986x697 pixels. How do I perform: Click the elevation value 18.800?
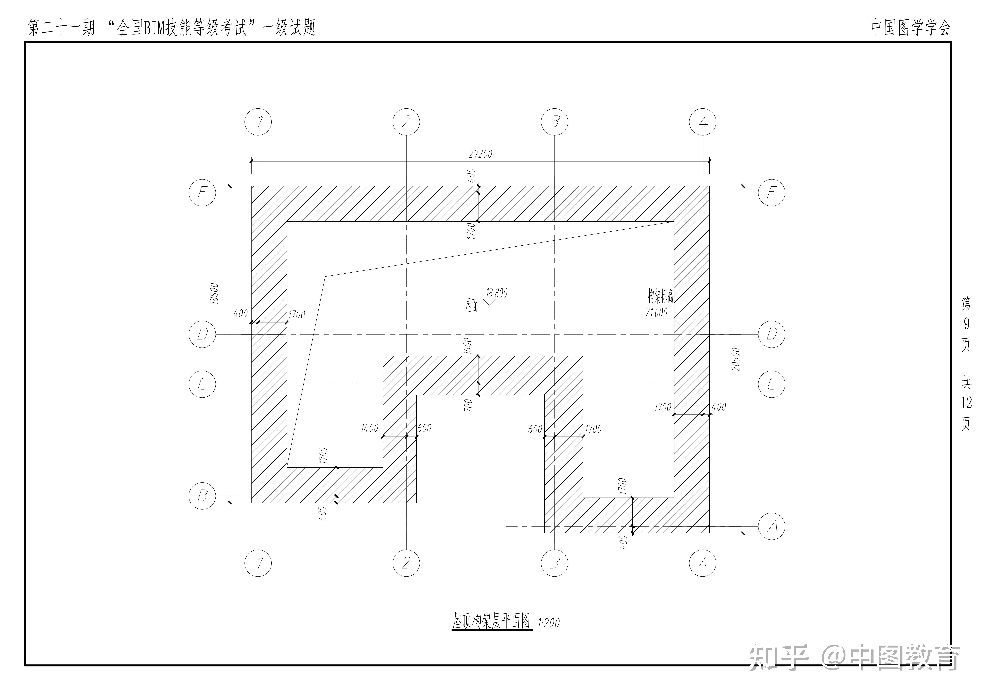[x=496, y=293]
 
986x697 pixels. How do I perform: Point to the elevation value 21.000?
[x=656, y=313]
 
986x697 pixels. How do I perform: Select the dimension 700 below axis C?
[x=468, y=405]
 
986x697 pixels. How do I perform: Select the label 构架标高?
[x=660, y=296]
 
